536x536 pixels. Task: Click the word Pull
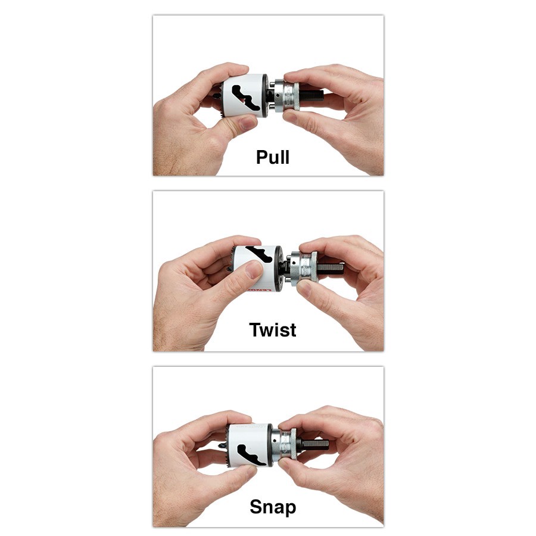[273, 157]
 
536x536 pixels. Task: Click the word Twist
[272, 329]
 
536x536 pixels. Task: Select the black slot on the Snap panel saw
[247, 453]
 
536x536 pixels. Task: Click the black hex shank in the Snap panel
[314, 444]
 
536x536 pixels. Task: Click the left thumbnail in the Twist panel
[254, 271]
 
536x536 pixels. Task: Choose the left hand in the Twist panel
[197, 292]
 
